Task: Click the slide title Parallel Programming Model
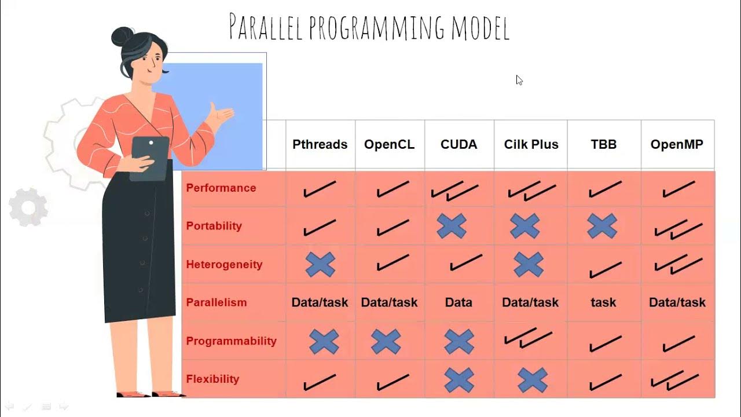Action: [x=369, y=27]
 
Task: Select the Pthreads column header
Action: [x=320, y=144]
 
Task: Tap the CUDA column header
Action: [x=458, y=144]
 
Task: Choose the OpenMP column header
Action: [x=677, y=144]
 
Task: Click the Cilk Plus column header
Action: [x=531, y=144]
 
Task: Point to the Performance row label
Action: [x=221, y=188]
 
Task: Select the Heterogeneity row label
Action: [x=224, y=265]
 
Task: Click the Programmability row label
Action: [x=231, y=341]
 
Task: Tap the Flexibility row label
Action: [x=212, y=379]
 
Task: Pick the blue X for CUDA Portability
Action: [x=452, y=226]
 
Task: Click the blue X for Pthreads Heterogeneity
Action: [x=320, y=265]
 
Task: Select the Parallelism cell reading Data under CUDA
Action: [x=458, y=302]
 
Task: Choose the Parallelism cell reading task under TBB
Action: [x=603, y=302]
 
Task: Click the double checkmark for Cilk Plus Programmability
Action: [x=528, y=339]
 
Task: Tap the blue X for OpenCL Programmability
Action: [x=386, y=342]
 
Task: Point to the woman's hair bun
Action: [x=122, y=36]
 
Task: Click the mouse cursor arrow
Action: [x=519, y=81]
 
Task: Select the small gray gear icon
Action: [x=28, y=207]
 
